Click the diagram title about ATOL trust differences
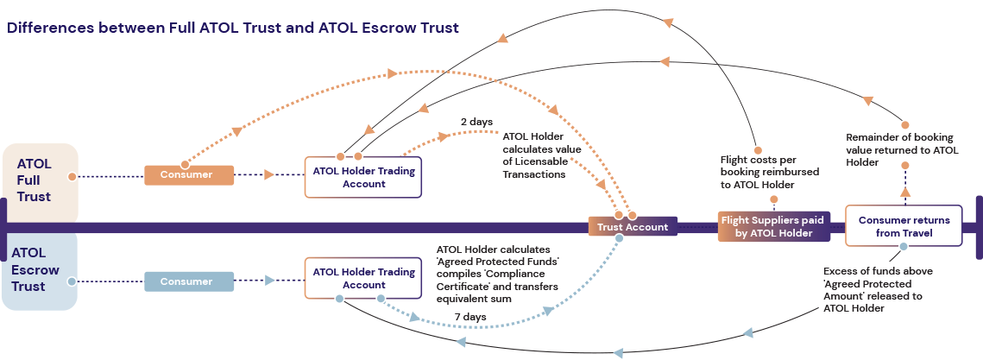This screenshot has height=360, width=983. [x=233, y=28]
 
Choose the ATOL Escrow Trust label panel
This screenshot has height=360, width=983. [x=39, y=270]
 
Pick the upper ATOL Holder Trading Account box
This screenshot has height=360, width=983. [x=363, y=177]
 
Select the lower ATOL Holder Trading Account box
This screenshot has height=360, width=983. [x=363, y=277]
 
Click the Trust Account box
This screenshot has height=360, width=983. [x=632, y=227]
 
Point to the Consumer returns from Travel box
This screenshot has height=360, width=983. [x=904, y=226]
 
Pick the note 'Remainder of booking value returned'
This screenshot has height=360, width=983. [x=901, y=149]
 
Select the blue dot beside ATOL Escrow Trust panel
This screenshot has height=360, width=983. [x=72, y=281]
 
